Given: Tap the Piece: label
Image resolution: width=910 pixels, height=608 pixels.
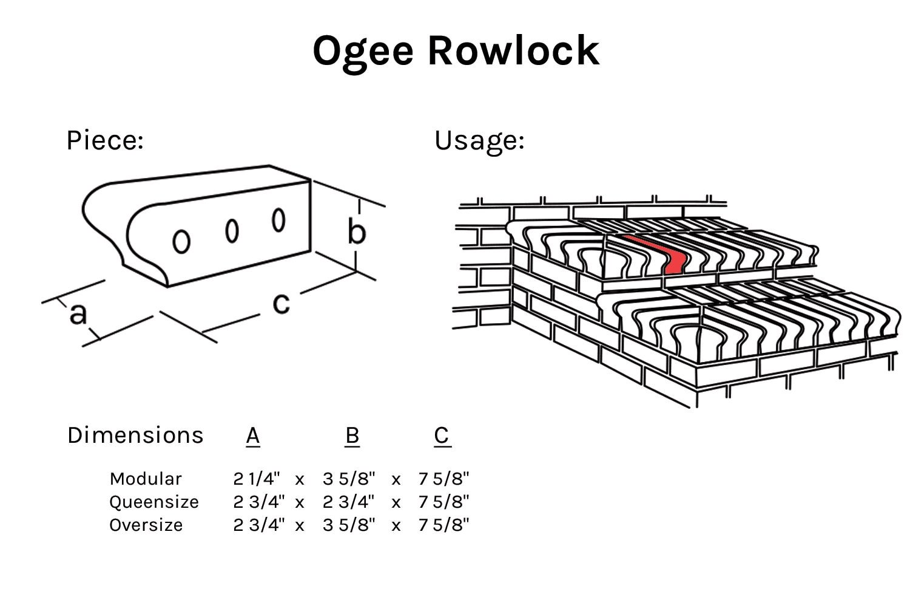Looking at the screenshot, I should (104, 140).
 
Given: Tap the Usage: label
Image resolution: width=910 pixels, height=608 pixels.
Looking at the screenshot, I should (479, 140).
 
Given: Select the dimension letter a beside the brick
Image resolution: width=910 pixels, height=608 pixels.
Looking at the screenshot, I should (78, 314).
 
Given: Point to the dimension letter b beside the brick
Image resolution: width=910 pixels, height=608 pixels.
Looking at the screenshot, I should (357, 231).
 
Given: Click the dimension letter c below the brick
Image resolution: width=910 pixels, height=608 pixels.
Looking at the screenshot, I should (281, 302).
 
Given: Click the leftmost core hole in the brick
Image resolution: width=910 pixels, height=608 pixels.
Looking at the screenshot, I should (181, 241).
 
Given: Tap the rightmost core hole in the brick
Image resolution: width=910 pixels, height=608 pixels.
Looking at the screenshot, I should (278, 220).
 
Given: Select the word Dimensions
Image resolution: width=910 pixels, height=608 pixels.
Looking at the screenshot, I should (135, 436).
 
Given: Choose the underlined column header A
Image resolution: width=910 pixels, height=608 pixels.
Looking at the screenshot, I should (253, 436).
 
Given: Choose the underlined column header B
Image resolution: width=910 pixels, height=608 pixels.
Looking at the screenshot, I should (352, 436).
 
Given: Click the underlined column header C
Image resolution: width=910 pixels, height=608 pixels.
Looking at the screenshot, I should (442, 436).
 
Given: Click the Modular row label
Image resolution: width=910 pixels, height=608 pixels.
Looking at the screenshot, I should (146, 479).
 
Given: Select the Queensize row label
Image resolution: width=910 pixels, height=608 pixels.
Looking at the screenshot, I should (154, 502).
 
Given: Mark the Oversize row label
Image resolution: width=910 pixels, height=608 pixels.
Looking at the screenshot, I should (146, 525).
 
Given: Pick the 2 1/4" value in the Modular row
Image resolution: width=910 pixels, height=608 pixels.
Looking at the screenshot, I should (257, 479).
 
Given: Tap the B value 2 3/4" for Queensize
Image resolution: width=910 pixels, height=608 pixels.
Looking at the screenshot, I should (349, 502).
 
